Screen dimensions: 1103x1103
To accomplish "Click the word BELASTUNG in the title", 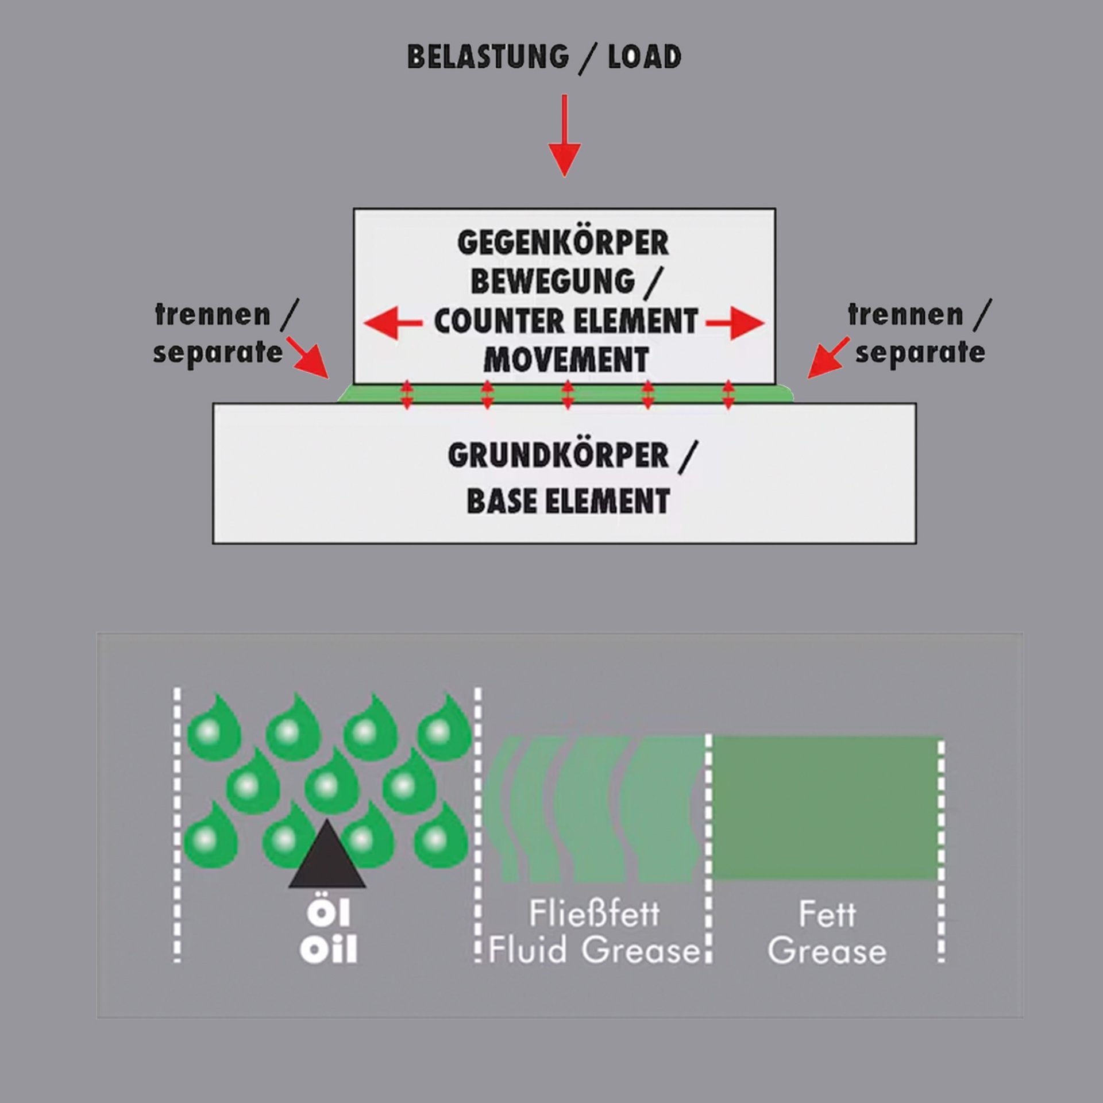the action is (488, 57).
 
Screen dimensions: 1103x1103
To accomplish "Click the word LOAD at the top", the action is (645, 57).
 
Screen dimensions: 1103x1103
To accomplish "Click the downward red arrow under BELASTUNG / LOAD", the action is (564, 136).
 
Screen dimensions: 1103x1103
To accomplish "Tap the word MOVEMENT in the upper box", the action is (566, 360).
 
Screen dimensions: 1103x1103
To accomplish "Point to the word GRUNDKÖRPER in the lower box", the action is (558, 456).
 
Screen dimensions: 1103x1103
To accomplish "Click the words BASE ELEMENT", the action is (568, 501).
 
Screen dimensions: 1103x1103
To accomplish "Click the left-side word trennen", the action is (213, 315).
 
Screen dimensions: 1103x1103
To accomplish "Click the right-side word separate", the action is (920, 352).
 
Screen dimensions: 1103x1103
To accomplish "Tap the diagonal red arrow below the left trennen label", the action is (307, 357).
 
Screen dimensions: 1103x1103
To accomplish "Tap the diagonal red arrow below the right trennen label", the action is (828, 357).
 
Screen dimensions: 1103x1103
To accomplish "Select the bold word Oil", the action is (328, 949).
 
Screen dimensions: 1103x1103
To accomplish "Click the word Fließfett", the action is (594, 913).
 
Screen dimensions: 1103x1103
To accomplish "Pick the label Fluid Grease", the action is (595, 950).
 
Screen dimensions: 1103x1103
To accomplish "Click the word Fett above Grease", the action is (827, 914).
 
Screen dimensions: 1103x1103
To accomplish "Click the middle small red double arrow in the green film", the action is (568, 395).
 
